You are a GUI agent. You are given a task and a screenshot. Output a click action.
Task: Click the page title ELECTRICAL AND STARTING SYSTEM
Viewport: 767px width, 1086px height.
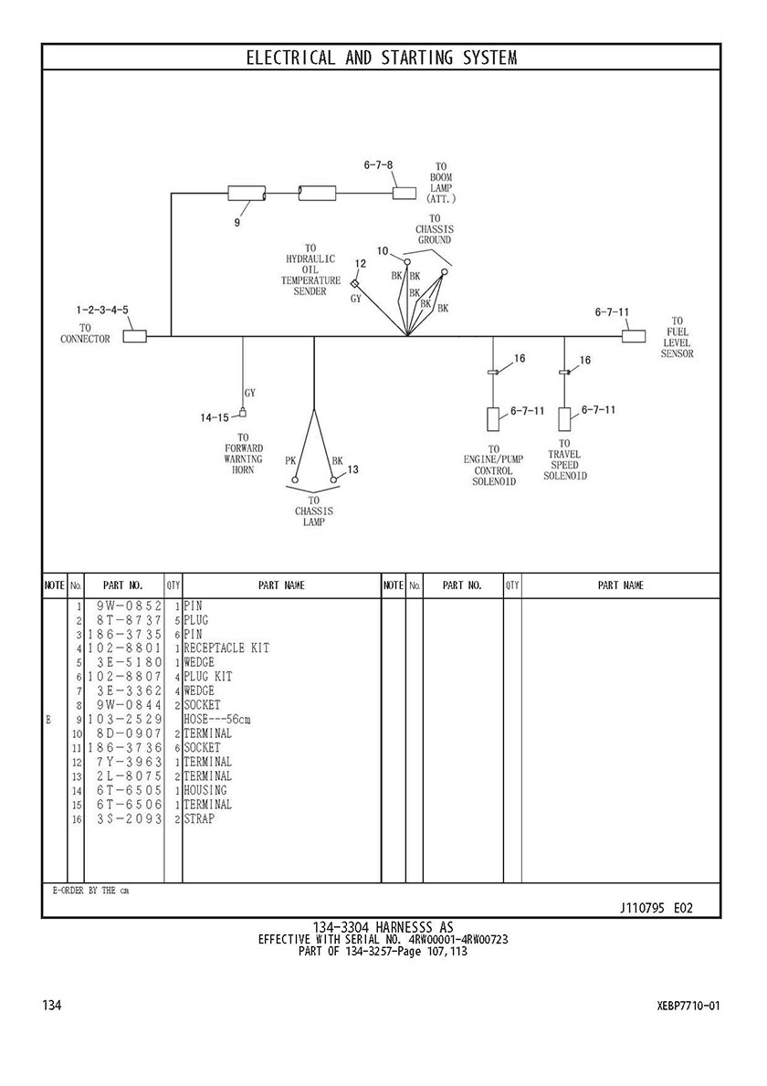pos(382,58)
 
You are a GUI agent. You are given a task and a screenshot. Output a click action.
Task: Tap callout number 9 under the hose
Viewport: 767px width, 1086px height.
pos(237,220)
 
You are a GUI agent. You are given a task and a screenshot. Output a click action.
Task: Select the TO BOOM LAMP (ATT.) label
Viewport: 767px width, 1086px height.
pos(441,187)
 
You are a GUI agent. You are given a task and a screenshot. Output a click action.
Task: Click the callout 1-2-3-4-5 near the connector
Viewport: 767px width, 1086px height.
pos(102,311)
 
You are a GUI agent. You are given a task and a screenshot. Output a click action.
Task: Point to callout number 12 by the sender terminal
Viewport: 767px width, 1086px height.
pos(360,264)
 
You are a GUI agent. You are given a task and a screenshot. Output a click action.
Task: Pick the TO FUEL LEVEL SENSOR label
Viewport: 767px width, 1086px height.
pos(678,337)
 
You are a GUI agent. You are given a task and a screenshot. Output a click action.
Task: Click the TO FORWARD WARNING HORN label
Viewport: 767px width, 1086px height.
pos(244,453)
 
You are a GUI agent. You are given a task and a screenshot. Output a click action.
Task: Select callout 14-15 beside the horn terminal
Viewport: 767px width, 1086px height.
pos(215,417)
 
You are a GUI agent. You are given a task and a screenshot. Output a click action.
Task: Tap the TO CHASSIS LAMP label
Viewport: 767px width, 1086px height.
pos(313,511)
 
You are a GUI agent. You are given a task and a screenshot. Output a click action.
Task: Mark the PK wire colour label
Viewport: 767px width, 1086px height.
pos(290,460)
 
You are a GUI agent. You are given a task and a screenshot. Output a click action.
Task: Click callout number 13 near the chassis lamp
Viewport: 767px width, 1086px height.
pos(352,469)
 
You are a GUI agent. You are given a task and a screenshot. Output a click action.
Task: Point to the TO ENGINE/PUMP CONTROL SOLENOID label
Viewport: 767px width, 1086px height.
pos(494,465)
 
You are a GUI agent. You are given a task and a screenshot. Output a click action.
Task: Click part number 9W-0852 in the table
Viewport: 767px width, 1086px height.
pos(129,606)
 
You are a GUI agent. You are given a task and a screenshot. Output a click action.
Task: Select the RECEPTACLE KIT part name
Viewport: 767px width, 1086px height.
pos(226,648)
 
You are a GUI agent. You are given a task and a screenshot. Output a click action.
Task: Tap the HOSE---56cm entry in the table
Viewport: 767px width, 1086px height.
pos(216,719)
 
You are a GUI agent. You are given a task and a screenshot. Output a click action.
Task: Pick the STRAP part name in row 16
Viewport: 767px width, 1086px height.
pos(199,818)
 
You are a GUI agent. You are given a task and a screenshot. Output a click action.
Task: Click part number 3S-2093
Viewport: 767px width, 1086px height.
pos(129,818)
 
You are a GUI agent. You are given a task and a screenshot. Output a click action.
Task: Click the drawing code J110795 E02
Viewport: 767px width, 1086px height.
pos(657,908)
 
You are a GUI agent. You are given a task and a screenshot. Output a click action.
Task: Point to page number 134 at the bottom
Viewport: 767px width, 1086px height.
pos(52,1006)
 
